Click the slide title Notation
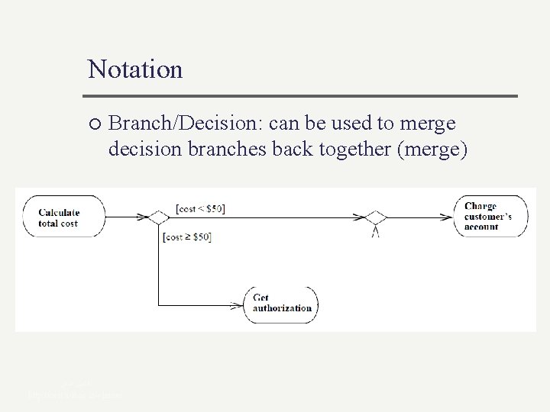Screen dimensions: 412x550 pyautogui.click(x=135, y=69)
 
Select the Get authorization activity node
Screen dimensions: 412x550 pyautogui.click(x=281, y=304)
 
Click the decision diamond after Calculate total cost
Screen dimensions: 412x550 pyautogui.click(x=157, y=217)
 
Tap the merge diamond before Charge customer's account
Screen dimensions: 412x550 pyautogui.click(x=374, y=217)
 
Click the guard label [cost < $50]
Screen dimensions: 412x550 pyautogui.click(x=199, y=208)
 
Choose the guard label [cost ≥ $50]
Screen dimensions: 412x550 pyautogui.click(x=187, y=237)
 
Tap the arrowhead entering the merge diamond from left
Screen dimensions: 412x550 pyautogui.click(x=359, y=217)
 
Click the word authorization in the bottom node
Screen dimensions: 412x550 pyautogui.click(x=282, y=308)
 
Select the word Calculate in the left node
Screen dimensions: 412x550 pyautogui.click(x=60, y=212)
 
